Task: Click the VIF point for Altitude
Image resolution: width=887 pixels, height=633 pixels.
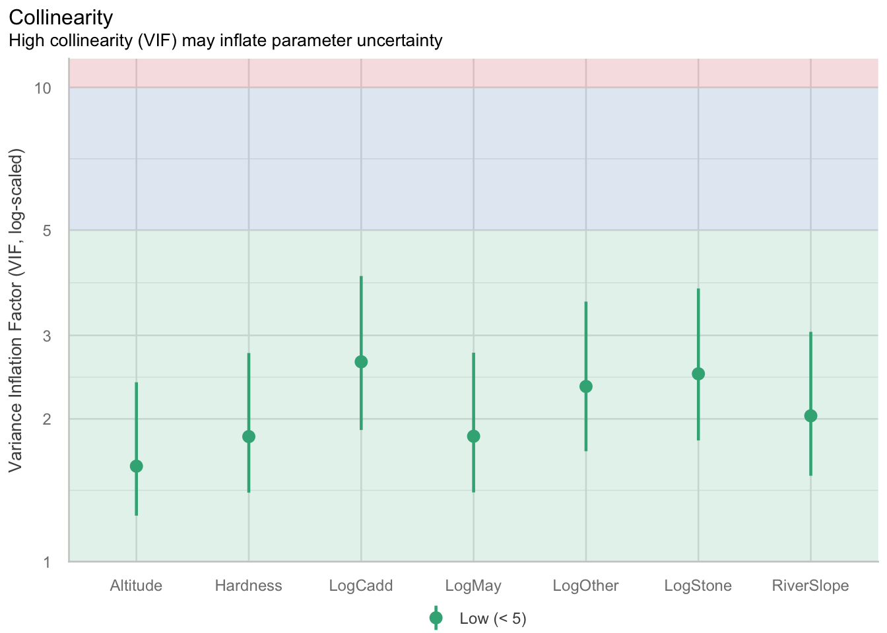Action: coord(136,466)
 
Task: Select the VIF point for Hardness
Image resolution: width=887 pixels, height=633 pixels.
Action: coord(249,437)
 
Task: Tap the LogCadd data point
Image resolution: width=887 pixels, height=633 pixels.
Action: coord(361,362)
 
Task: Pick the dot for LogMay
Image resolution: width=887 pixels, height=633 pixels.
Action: coord(473,437)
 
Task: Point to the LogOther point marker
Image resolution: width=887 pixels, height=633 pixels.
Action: coord(586,386)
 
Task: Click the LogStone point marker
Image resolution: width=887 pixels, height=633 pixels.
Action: coord(698,374)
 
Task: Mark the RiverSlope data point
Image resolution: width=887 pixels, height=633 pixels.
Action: coord(810,415)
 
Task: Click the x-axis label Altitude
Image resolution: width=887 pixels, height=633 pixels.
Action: coord(136,586)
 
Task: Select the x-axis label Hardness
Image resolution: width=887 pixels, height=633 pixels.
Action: coord(249,586)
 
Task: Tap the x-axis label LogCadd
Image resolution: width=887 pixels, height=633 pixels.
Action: coord(361,586)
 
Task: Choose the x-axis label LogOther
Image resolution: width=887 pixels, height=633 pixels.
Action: coord(586,586)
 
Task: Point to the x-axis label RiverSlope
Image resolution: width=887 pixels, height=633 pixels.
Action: coord(810,586)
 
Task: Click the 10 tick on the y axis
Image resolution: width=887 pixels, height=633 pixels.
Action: coord(44,88)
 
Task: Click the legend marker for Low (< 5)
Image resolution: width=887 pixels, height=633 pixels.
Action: coord(436,618)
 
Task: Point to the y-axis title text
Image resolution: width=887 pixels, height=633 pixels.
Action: coord(16,310)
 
